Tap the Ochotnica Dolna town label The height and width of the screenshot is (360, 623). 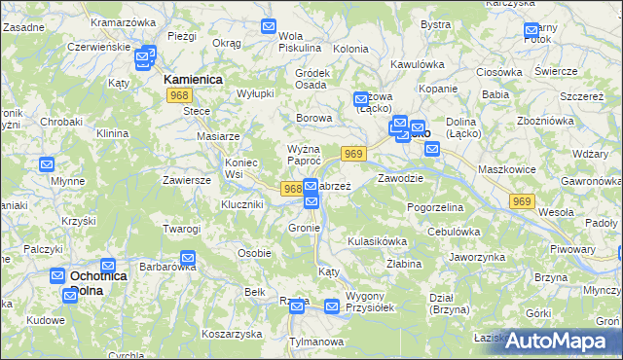(x=99, y=283)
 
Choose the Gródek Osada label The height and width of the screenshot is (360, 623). (x=311, y=79)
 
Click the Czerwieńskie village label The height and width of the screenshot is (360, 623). (x=99, y=47)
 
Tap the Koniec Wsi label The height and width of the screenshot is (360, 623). (x=240, y=167)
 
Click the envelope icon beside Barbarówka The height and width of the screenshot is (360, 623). (x=188, y=259)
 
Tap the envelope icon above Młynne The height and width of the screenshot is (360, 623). (x=47, y=164)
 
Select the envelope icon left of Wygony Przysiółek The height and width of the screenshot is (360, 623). (x=332, y=306)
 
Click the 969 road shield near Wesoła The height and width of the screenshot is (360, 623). (x=523, y=200)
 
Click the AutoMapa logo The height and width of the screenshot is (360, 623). (x=556, y=340)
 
